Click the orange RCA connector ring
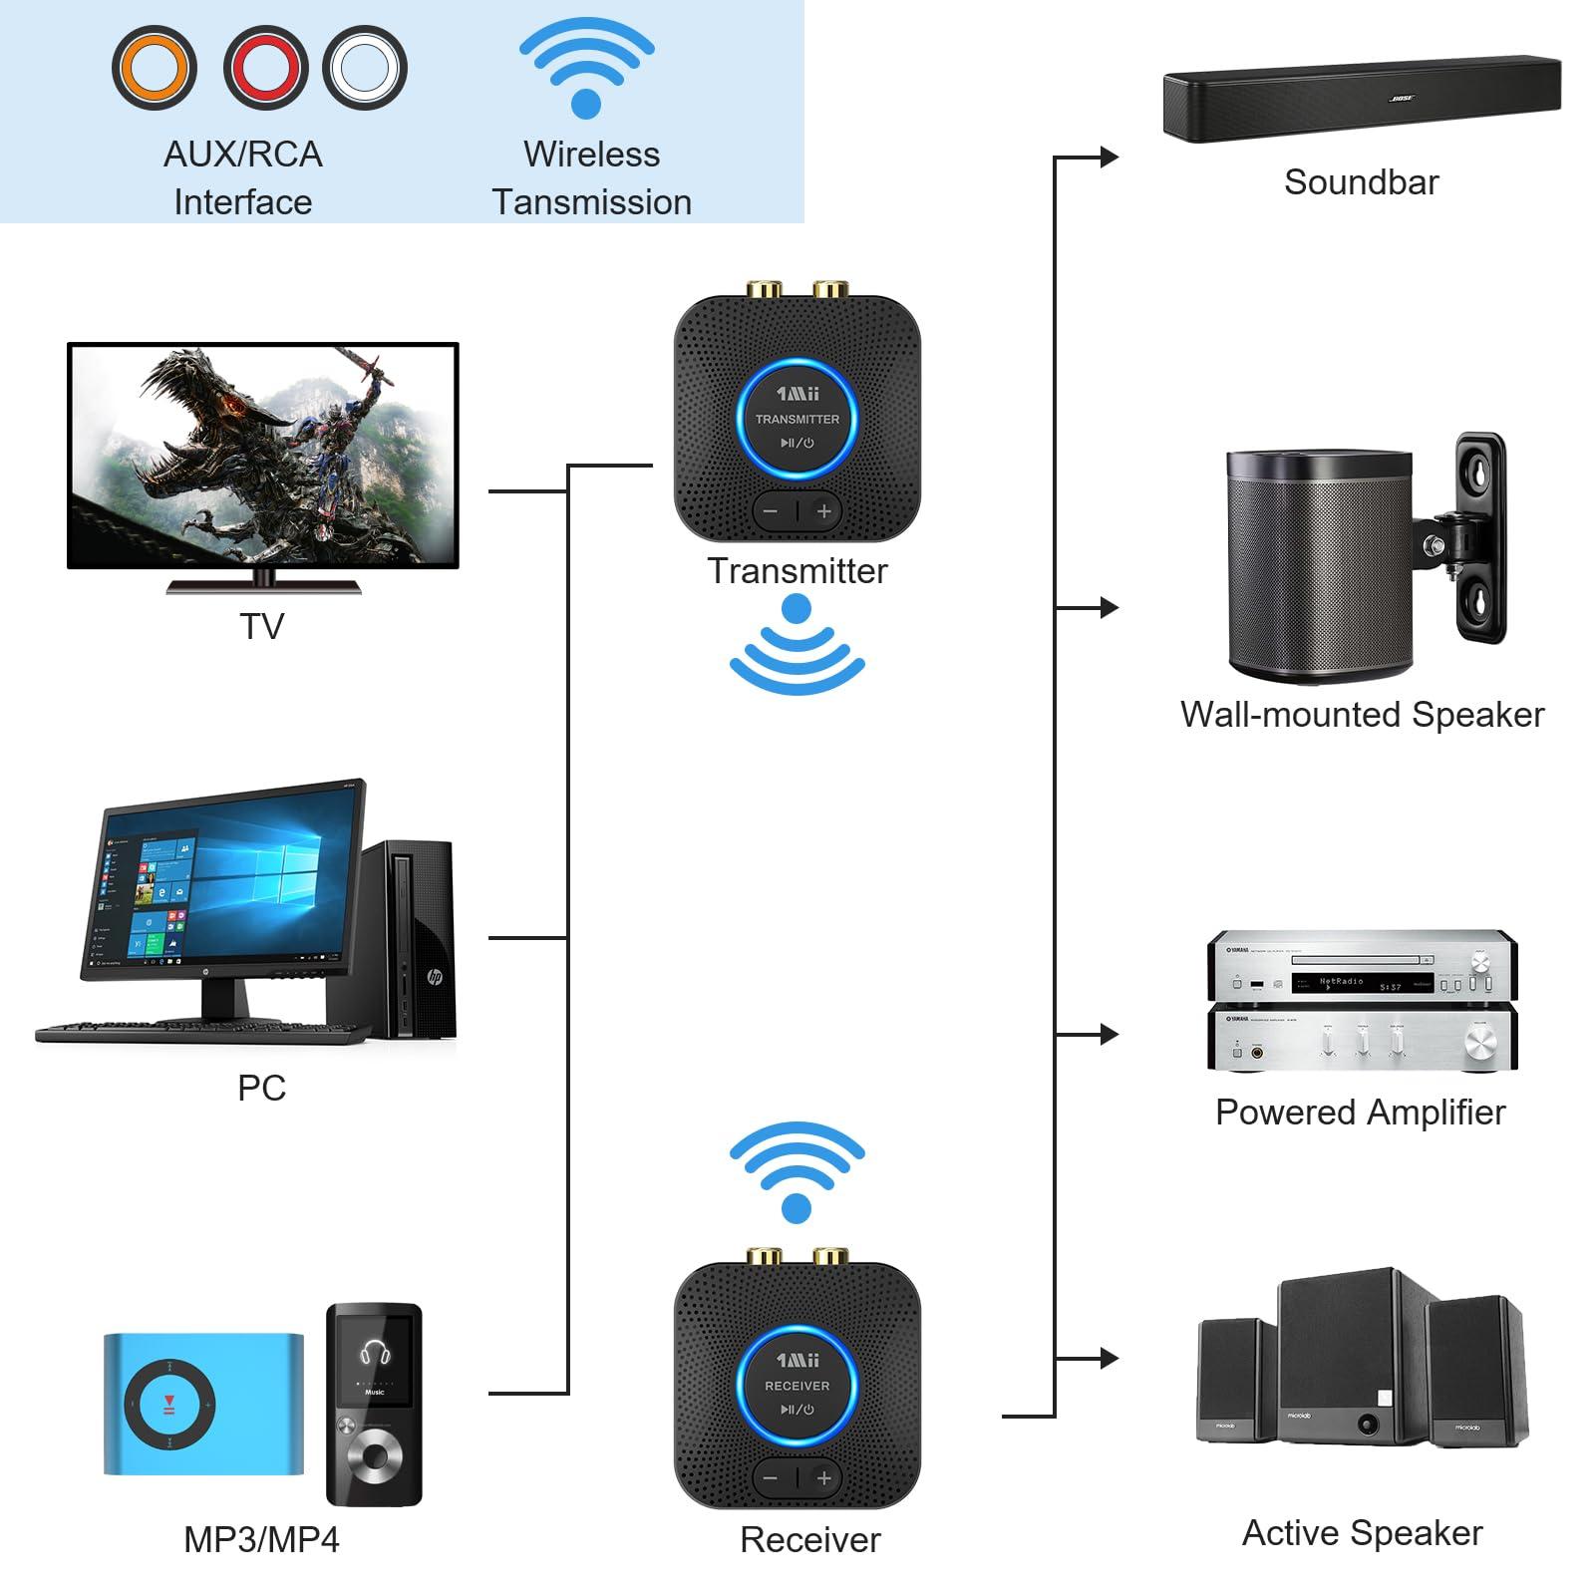(154, 68)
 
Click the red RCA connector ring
(265, 68)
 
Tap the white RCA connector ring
(365, 68)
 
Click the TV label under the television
(261, 626)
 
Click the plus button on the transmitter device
(824, 511)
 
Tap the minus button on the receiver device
(770, 1478)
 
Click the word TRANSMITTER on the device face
(797, 419)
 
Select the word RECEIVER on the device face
(797, 1386)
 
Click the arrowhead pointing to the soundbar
(1109, 157)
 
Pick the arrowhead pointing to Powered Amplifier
(1109, 1034)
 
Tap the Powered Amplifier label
(1360, 1112)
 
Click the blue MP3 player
(203, 1404)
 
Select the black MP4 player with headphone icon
(374, 1404)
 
